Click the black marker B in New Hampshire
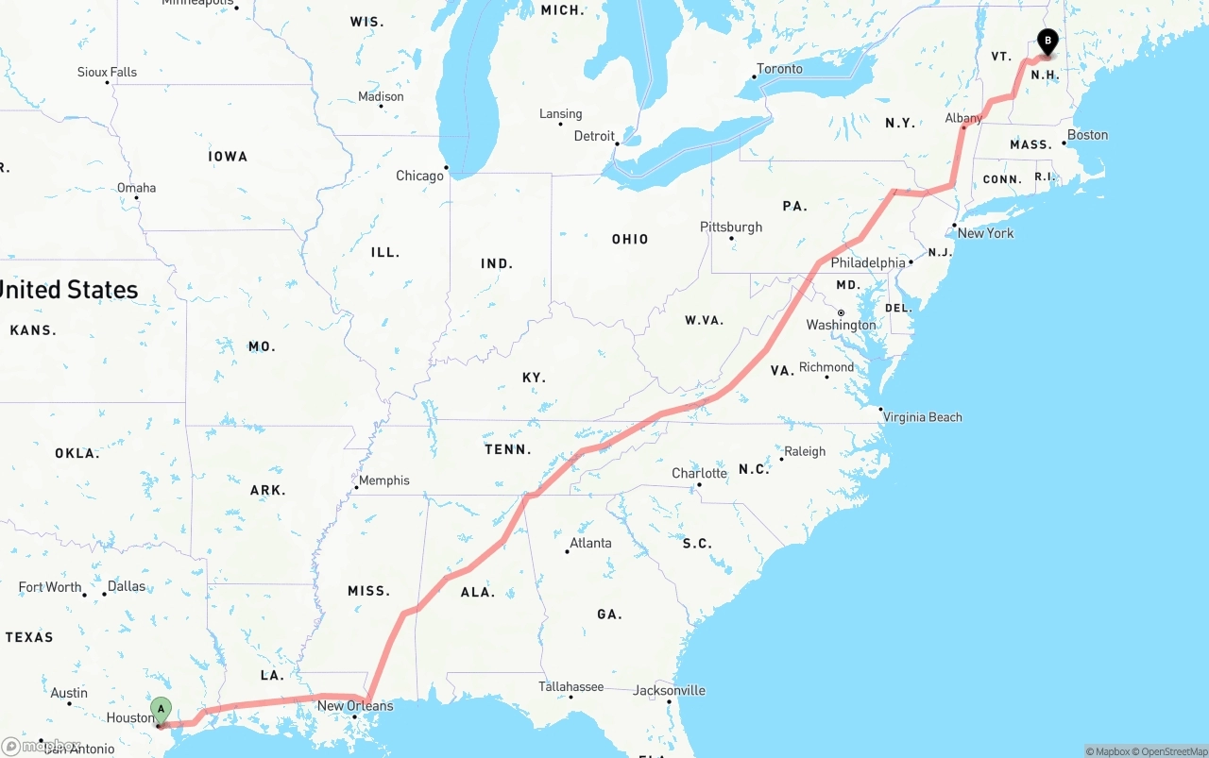[x=1047, y=41]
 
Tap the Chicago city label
[x=419, y=176]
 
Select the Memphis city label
[x=384, y=480]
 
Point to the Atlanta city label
[x=590, y=543]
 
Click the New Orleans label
[x=355, y=705]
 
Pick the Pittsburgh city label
[x=731, y=227]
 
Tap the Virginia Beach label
[x=923, y=417]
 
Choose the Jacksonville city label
[x=670, y=690]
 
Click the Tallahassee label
[x=570, y=686]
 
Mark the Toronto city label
[x=780, y=69]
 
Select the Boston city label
[x=1087, y=135]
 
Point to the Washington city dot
[x=841, y=312]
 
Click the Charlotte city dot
[x=699, y=485]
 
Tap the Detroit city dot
[x=617, y=143]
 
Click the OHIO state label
[x=630, y=239]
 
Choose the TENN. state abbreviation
[x=508, y=449]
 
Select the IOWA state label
[x=228, y=157]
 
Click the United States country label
[x=68, y=290]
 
